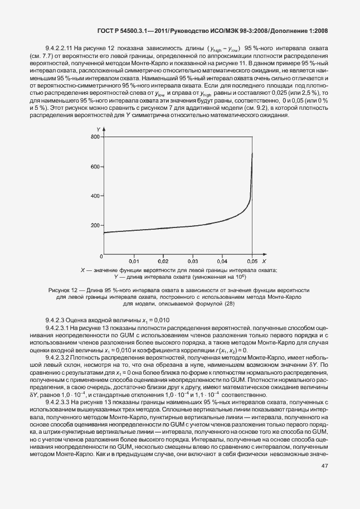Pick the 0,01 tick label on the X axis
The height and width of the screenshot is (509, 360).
(134, 261)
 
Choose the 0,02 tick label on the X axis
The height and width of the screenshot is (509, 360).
(163, 261)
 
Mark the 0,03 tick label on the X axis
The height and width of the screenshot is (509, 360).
(193, 261)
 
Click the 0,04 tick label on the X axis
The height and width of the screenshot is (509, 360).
(222, 261)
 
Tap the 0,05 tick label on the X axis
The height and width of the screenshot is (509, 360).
(252, 261)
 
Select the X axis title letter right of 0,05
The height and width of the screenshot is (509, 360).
(264, 261)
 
